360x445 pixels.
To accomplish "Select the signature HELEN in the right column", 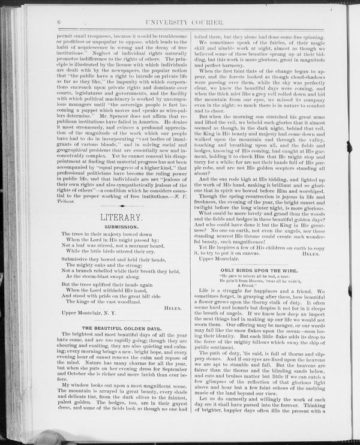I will [x=313, y=253].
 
